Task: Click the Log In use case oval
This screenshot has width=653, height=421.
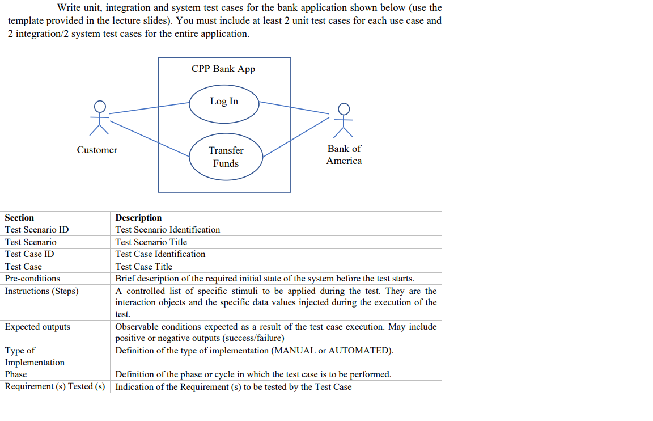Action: (224, 103)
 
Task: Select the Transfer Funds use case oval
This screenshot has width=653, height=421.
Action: (226, 157)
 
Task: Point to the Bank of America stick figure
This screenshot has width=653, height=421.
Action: (344, 120)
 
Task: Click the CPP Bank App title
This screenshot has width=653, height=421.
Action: (223, 69)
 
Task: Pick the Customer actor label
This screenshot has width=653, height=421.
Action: (97, 150)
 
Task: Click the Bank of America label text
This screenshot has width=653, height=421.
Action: (344, 154)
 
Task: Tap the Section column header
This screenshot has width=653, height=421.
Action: (19, 218)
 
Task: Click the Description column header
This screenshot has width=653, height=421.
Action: (138, 218)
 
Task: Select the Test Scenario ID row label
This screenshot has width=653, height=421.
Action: (37, 230)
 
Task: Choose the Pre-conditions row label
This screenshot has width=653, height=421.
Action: (32, 279)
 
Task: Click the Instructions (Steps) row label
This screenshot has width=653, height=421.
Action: (42, 291)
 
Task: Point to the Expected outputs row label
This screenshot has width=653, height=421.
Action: (37, 327)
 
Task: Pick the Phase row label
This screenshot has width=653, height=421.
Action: (16, 374)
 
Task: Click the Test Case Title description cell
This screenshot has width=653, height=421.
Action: (144, 267)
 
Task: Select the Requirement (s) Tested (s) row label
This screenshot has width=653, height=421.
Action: (55, 387)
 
